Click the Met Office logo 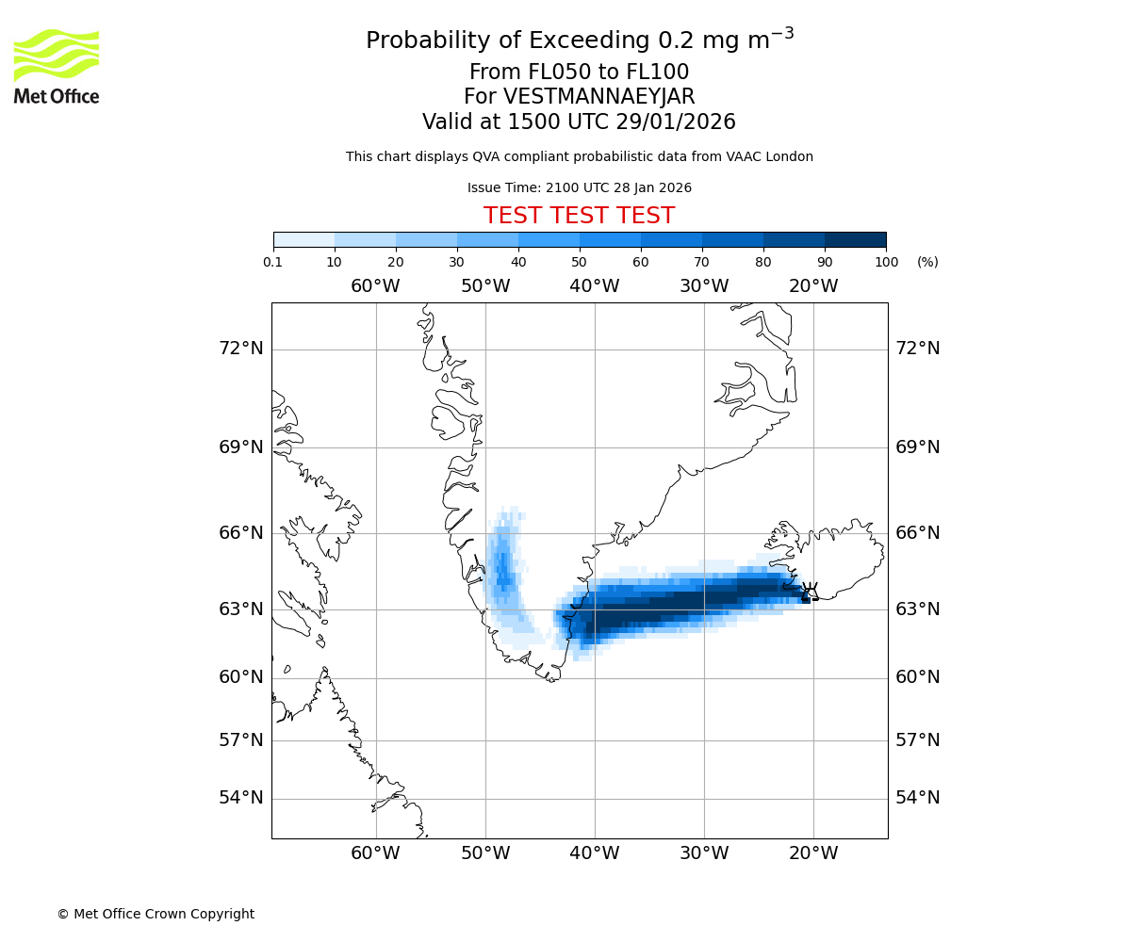(57, 66)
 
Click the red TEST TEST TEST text (579, 216)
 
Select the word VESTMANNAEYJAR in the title (599, 97)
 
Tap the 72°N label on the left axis (241, 349)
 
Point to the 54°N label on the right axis (917, 798)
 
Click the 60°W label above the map (375, 286)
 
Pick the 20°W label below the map (812, 853)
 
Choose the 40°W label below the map (594, 853)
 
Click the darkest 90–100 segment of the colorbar (855, 240)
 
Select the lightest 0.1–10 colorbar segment (304, 240)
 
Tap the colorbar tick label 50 (579, 262)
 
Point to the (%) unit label (927, 262)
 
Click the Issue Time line (579, 188)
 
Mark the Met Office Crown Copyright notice (156, 914)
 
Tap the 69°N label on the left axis (241, 447)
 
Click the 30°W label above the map (703, 286)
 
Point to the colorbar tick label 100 (886, 262)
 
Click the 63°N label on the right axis (917, 609)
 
